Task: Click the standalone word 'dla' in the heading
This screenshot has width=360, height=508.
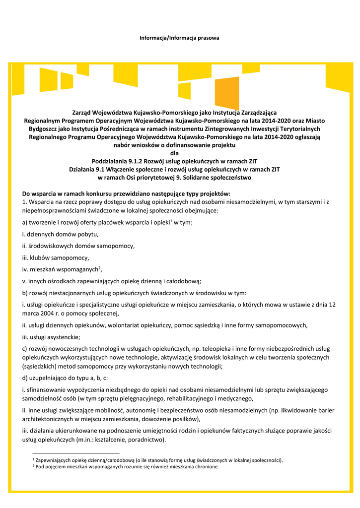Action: click(174, 153)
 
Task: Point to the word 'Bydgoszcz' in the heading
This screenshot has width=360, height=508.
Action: click(44, 128)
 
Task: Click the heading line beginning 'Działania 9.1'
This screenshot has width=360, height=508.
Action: click(174, 169)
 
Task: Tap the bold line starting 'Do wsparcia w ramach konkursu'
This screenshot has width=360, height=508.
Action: click(127, 193)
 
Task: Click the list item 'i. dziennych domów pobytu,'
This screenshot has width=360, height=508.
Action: click(61, 234)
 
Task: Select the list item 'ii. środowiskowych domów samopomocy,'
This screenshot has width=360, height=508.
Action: click(78, 246)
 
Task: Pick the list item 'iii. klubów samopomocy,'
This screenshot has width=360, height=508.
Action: click(56, 257)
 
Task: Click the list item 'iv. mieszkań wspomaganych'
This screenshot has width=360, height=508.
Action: click(62, 269)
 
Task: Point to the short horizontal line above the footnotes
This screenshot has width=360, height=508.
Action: click(75, 453)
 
